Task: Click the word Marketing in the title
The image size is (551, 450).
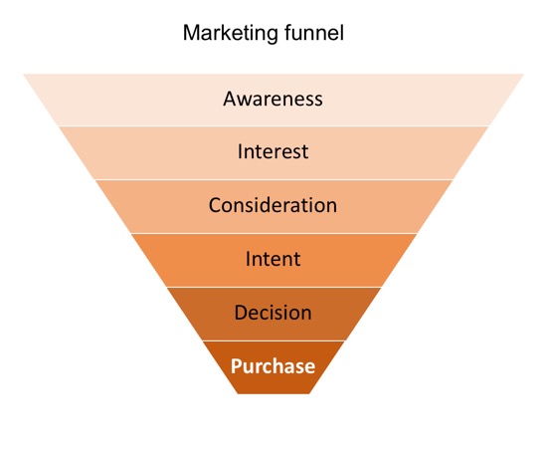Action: point(231,34)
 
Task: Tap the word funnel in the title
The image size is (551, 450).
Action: point(314,33)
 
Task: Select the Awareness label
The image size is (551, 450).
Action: point(273,99)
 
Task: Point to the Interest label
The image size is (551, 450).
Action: point(274,151)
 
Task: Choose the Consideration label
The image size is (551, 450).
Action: point(273,205)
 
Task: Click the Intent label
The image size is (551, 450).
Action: point(274,259)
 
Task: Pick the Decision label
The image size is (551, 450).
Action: point(274,312)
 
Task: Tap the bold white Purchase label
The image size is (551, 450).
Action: point(274,366)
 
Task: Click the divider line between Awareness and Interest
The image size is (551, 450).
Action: point(274,126)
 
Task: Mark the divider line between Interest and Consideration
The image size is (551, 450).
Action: point(274,179)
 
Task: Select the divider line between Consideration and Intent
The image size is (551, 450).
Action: point(274,233)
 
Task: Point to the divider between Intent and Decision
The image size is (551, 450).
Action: point(274,287)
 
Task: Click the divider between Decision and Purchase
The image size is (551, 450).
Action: point(274,340)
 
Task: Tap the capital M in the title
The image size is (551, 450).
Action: point(191,33)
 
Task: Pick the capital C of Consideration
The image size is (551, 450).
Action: point(215,205)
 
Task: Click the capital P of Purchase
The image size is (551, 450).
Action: point(237,366)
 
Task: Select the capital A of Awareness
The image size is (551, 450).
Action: point(230,99)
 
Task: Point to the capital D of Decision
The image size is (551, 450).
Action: point(241,312)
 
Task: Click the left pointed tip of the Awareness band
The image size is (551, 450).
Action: point(24,75)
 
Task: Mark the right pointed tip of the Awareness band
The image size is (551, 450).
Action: point(523,75)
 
